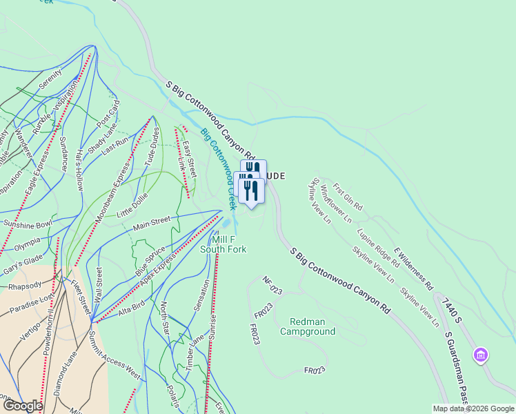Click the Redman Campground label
point(312,326)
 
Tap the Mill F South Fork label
point(223,244)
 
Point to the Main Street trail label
point(152,223)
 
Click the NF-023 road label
point(273,286)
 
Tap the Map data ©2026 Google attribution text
point(474,408)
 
